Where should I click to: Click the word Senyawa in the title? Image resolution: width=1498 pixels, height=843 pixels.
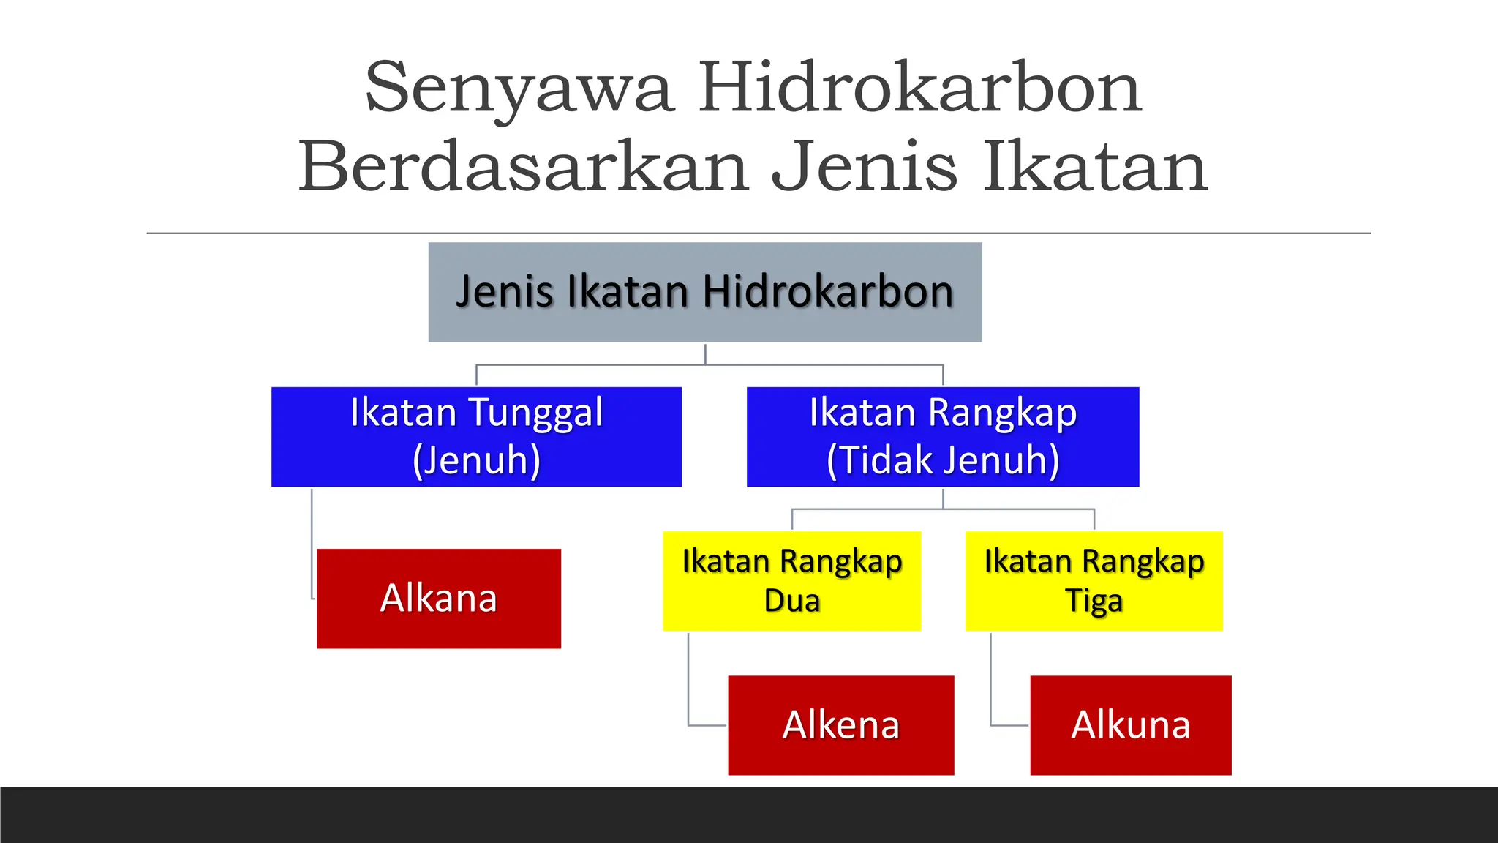[519, 89]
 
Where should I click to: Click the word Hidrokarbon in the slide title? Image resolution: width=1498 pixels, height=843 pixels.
[919, 89]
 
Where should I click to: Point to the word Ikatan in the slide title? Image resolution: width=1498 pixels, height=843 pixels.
[1094, 168]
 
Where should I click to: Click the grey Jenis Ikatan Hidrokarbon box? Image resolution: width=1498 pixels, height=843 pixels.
[704, 292]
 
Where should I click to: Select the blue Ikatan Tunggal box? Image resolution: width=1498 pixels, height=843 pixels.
[476, 436]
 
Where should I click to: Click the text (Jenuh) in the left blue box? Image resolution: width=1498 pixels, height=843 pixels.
[476, 460]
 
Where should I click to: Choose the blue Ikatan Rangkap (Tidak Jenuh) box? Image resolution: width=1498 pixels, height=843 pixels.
[942, 436]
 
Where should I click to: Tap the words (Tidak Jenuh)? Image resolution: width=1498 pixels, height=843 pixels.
[942, 460]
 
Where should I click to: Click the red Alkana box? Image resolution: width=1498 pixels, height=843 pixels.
[439, 599]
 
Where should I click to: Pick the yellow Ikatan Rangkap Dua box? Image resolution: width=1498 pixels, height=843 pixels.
[791, 581]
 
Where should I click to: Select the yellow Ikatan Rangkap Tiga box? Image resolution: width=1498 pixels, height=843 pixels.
[1094, 581]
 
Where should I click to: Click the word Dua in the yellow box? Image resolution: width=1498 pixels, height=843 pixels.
[791, 601]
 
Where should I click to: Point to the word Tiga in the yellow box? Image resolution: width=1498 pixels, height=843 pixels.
[1094, 601]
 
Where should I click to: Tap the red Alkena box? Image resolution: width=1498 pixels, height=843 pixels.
[840, 725]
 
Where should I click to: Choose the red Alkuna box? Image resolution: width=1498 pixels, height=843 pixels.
[1130, 725]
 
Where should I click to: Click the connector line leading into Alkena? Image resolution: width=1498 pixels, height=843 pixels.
[689, 681]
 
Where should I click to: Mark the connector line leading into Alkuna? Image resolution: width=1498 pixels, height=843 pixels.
[991, 681]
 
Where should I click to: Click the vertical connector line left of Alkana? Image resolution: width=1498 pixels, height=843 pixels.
[312, 542]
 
